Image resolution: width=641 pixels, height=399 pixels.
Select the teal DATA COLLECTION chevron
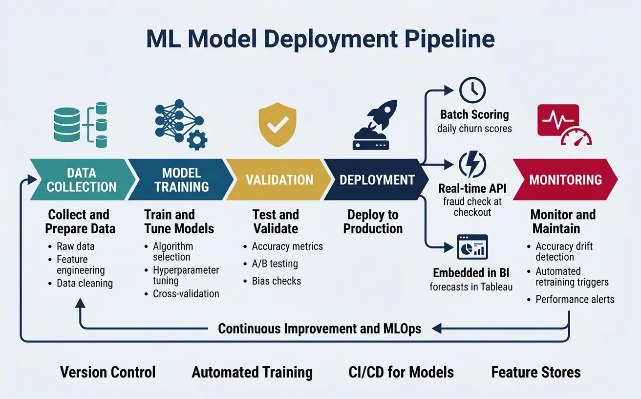(82, 179)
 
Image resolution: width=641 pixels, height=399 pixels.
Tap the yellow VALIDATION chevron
(279, 179)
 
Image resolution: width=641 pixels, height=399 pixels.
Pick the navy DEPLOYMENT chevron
(377, 179)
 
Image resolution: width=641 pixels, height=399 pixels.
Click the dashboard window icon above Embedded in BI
(472, 247)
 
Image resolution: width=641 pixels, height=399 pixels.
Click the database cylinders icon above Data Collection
(81, 125)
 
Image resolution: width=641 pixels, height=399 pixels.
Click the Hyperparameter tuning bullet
(186, 275)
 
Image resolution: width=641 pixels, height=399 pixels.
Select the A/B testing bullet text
(275, 264)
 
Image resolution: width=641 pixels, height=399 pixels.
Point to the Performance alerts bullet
(575, 299)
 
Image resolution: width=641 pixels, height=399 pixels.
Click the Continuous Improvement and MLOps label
(320, 329)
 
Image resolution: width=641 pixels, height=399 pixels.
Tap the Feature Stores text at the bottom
(536, 372)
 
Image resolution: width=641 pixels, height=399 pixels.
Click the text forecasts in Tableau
(471, 287)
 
